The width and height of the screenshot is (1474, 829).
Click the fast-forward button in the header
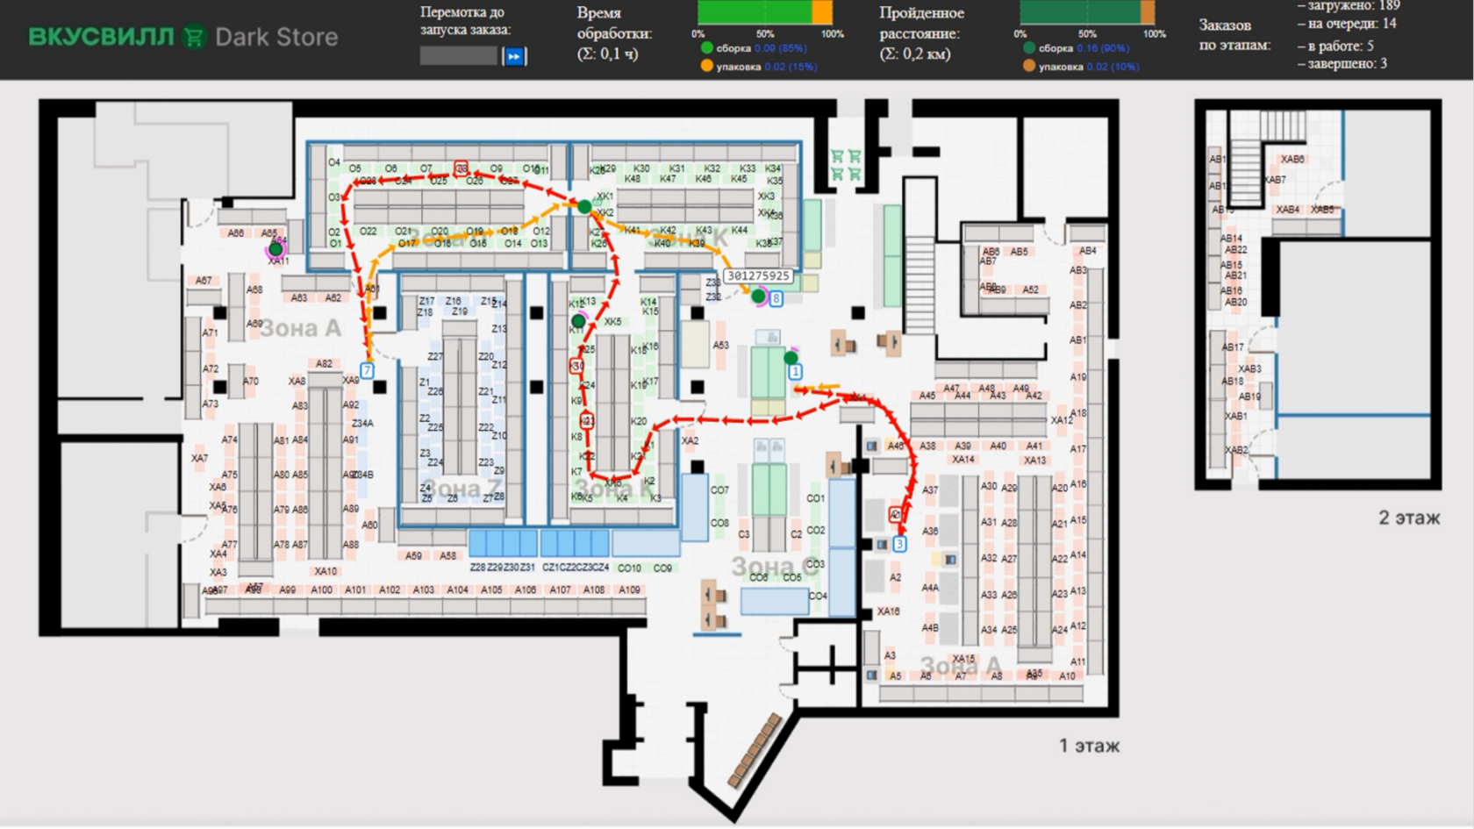[514, 56]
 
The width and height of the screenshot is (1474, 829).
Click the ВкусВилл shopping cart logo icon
[193, 37]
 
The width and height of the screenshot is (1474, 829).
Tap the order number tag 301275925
[758, 275]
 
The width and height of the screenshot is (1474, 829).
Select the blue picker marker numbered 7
[368, 370]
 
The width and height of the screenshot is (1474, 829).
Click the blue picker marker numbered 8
[776, 299]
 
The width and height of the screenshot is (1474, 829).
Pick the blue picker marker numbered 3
[899, 544]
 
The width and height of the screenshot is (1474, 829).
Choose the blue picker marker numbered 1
[795, 371]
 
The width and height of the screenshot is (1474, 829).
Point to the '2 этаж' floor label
[1408, 518]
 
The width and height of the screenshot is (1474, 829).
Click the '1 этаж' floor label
[1089, 746]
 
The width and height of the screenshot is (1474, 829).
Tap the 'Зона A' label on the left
[300, 328]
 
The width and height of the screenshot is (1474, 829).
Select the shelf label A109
[629, 590]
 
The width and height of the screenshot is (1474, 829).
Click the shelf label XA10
[326, 571]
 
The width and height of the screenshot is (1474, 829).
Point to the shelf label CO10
[629, 568]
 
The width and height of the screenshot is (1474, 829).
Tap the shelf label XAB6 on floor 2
[1292, 159]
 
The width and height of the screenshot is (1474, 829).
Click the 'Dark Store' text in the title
[276, 37]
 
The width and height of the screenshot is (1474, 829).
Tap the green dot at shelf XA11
[276, 250]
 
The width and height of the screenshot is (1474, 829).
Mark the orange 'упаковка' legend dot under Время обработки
[706, 67]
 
